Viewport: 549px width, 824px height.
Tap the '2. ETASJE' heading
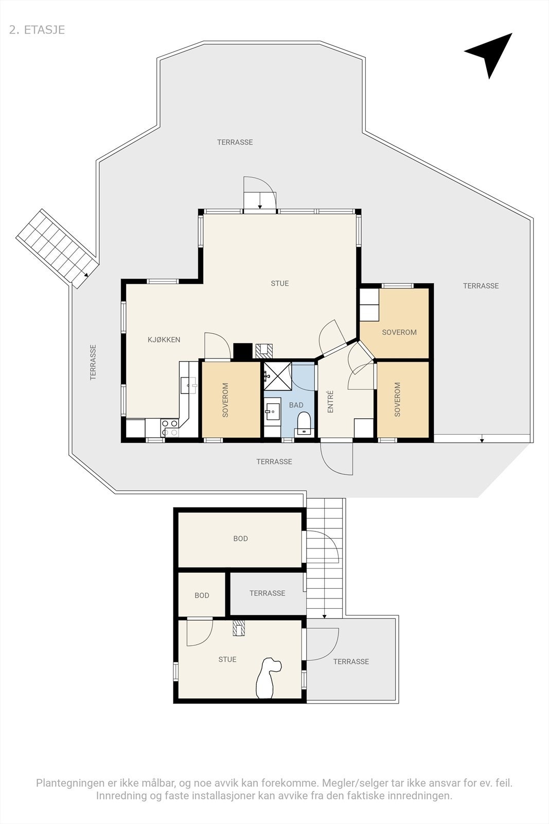pyautogui.click(x=37, y=30)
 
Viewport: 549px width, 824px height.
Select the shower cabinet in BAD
pyautogui.click(x=277, y=376)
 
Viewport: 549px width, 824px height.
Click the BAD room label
pyautogui.click(x=296, y=405)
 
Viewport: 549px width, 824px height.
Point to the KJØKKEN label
pyautogui.click(x=164, y=340)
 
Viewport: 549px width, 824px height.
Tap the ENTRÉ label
pyautogui.click(x=331, y=402)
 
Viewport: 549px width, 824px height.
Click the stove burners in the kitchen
pyautogui.click(x=170, y=427)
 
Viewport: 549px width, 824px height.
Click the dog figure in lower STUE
pyautogui.click(x=268, y=678)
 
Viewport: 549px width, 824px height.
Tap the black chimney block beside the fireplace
pyautogui.click(x=243, y=351)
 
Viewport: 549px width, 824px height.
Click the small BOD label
pyautogui.click(x=202, y=595)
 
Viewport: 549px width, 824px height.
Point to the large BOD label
pyautogui.click(x=240, y=539)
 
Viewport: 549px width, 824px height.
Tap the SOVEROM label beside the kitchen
pyautogui.click(x=225, y=400)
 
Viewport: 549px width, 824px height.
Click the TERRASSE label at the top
pyautogui.click(x=235, y=142)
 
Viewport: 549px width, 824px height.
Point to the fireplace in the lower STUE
pyautogui.click(x=240, y=628)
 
